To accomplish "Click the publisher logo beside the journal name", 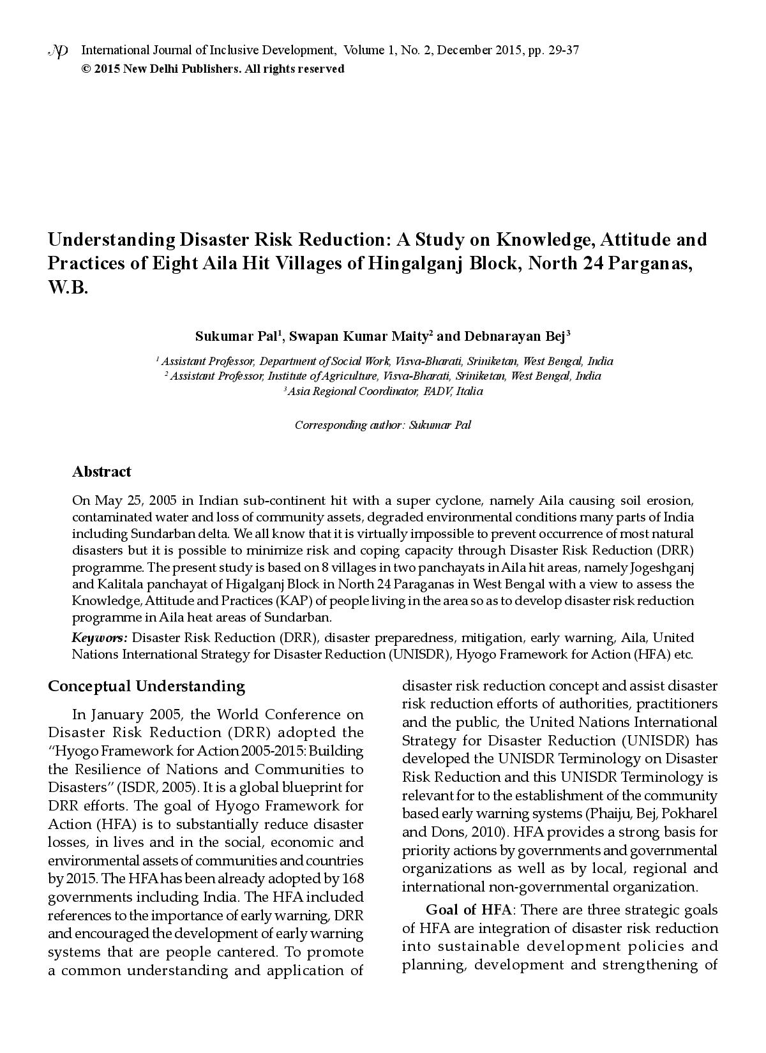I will [58, 52].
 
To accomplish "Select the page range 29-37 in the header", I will [562, 50].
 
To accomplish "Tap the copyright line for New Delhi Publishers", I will [213, 69].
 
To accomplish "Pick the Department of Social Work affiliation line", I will [384, 361].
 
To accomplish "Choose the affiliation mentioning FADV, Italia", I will [384, 391].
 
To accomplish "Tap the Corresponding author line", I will [383, 425].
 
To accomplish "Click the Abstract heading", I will [101, 472].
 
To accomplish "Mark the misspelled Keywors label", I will [100, 638].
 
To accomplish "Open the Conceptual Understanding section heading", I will [146, 686].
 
